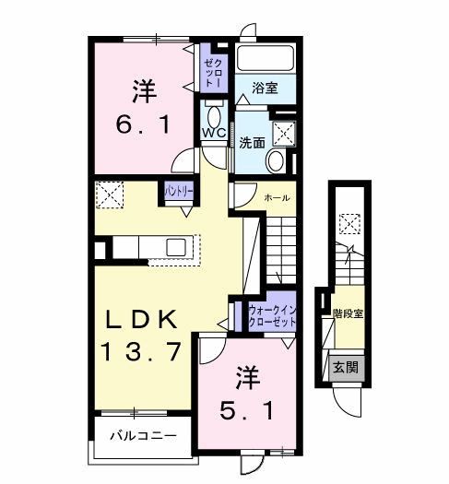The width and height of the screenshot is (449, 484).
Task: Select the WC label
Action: (214, 134)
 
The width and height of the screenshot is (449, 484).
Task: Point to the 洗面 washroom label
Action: (252, 143)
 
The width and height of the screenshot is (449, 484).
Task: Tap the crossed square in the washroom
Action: (284, 133)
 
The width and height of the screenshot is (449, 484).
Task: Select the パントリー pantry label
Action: (179, 192)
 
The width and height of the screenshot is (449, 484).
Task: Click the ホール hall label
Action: (277, 197)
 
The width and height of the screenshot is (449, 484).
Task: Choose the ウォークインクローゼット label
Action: (271, 317)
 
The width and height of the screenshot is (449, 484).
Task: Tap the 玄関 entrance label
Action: (345, 366)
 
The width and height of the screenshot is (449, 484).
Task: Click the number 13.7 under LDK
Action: (147, 351)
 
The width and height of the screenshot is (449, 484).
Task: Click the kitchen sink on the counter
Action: (176, 247)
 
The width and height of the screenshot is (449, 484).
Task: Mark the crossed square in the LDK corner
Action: (109, 195)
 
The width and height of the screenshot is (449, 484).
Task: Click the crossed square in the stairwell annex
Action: (349, 224)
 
